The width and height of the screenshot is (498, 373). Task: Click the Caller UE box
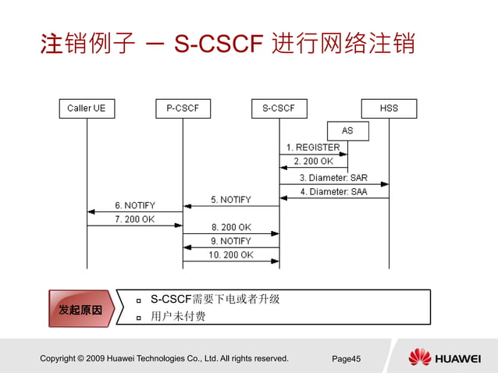pos(87,108)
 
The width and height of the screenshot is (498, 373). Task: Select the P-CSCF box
pos(183,108)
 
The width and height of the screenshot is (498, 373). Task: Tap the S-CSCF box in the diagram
pos(279,108)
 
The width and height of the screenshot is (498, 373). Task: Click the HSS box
pos(389,108)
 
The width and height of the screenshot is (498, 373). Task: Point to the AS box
pos(347,130)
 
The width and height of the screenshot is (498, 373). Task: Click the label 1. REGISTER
pos(312,147)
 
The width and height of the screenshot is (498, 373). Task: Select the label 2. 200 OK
pos(312,162)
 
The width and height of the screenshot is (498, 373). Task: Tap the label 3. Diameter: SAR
pos(333,177)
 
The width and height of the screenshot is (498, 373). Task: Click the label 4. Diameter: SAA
pos(333,191)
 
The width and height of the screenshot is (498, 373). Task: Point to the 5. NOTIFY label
pos(230,200)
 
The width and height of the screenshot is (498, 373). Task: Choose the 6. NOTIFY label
pos(134,205)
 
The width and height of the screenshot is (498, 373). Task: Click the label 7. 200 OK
pos(134,219)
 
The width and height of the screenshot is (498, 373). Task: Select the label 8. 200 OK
pos(230,227)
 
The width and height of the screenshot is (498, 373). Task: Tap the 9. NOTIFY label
pos(230,241)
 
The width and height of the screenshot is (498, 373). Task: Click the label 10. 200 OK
pos(230,255)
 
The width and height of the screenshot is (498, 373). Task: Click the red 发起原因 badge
pos(80,310)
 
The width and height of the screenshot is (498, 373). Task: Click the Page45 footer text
pos(347,359)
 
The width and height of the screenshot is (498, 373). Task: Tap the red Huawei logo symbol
pos(419,357)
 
